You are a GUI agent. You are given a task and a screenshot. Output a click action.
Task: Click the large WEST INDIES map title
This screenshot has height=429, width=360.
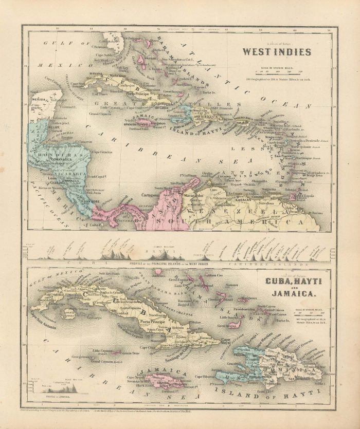pyautogui.click(x=276, y=52)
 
